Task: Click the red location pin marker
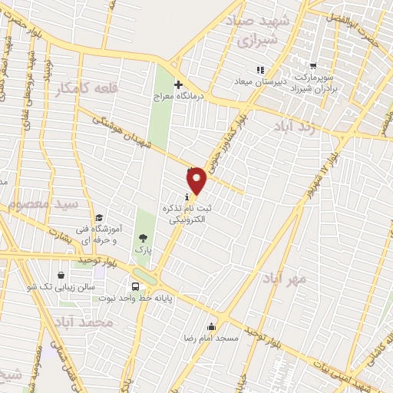pos(198,180)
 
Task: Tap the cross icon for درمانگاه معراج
pos(178,85)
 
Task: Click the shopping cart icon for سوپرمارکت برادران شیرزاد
pos(312,66)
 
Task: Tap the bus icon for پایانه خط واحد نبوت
pos(136,286)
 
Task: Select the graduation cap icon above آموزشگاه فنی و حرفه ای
pos(98,218)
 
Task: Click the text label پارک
pos(140,250)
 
